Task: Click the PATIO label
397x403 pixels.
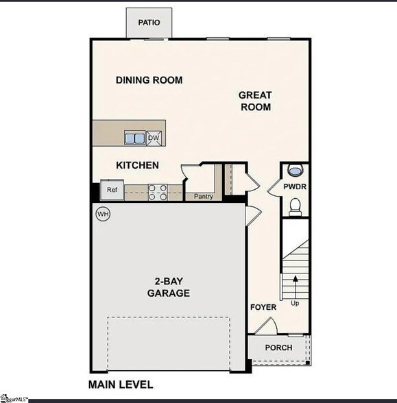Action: point(149,23)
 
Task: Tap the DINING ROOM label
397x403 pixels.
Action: point(149,80)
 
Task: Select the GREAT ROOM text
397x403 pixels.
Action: point(255,101)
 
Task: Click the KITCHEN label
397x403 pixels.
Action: point(137,165)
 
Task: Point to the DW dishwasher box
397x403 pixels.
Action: point(154,138)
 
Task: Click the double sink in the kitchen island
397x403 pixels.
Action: point(134,138)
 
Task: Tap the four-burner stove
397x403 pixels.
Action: point(158,193)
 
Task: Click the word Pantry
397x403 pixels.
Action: point(204,197)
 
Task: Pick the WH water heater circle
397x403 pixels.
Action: point(103,214)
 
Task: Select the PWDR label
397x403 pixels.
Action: point(296,186)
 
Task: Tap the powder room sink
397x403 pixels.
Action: point(296,171)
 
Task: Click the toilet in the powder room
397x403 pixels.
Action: point(296,205)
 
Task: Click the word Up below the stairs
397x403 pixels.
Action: point(296,302)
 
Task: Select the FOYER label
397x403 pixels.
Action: point(263,307)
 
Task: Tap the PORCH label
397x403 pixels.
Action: point(278,347)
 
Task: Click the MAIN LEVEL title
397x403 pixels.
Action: point(121,384)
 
